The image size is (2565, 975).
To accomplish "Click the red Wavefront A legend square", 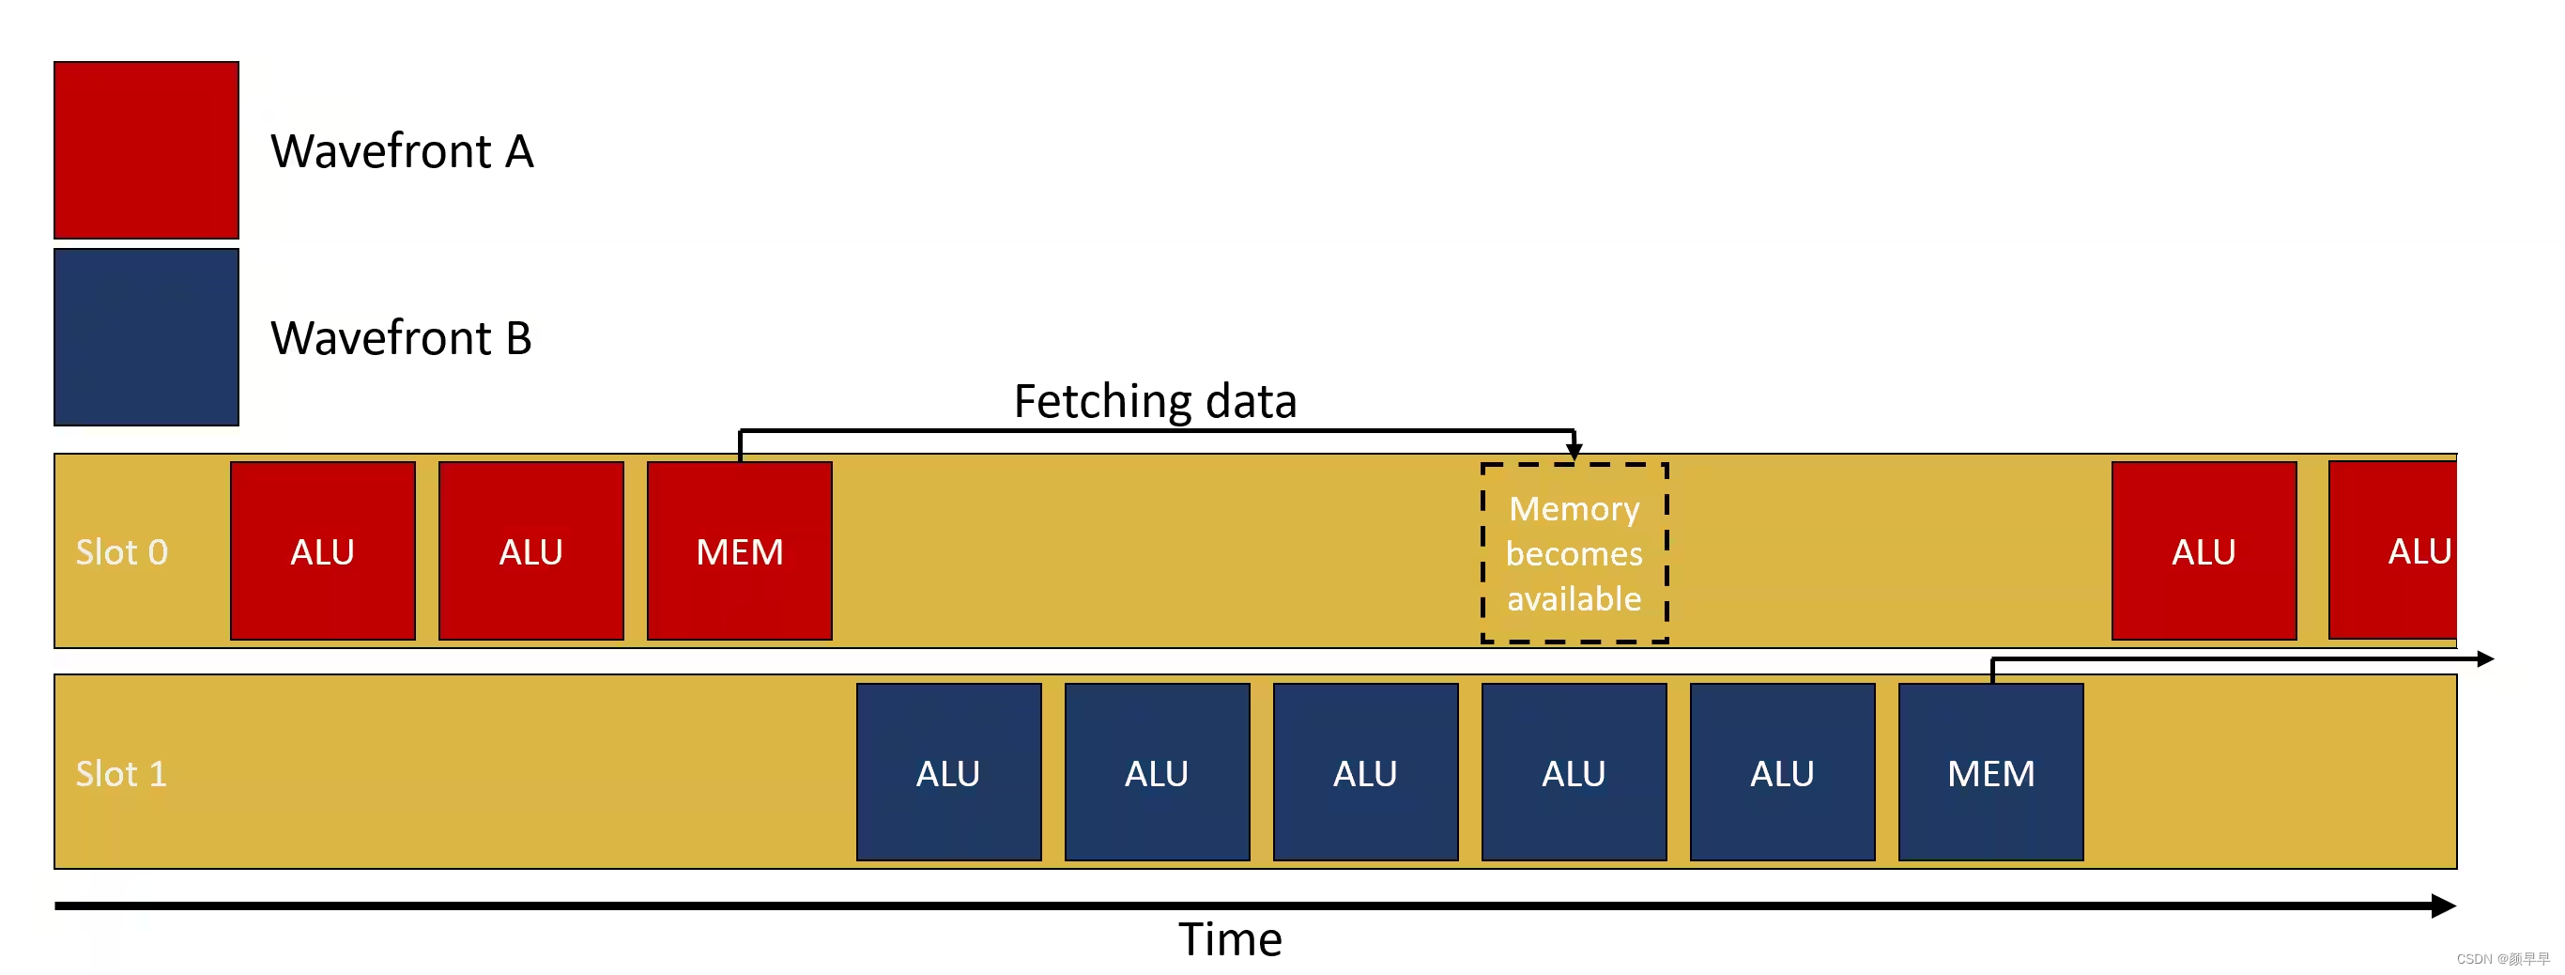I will tap(146, 150).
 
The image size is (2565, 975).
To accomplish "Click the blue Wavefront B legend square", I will tap(146, 337).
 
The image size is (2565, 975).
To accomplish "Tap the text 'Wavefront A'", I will tap(402, 151).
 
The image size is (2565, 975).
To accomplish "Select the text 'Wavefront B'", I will tap(401, 338).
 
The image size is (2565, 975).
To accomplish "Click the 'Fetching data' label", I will tap(1155, 401).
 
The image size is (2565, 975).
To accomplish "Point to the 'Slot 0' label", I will tap(121, 552).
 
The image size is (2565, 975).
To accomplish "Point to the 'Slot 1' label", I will tap(121, 774).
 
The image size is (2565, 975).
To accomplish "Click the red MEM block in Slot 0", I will tap(740, 550).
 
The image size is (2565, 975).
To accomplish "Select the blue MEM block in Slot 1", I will tap(1990, 773).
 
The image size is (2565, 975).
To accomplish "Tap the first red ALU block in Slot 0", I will tap(323, 550).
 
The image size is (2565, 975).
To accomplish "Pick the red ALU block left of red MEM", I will tap(530, 550).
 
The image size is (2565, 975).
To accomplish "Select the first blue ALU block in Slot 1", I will tap(948, 773).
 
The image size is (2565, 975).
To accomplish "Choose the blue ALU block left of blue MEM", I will tap(1782, 773).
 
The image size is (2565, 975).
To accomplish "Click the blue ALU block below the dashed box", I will tap(1574, 773).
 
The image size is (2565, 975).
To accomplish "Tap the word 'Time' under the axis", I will tap(1230, 940).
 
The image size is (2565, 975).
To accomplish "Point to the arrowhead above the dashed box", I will tap(1574, 451).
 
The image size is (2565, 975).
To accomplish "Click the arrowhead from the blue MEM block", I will tap(2485, 659).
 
